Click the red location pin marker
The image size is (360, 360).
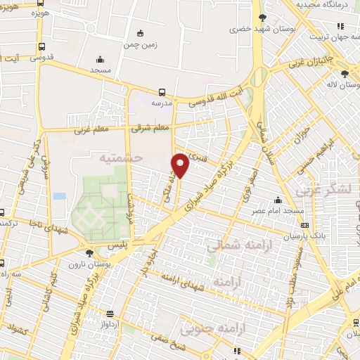point(180,165)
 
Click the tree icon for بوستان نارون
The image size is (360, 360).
point(89,253)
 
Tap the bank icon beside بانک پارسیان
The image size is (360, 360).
point(304,225)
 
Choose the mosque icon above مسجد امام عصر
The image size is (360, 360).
point(278,200)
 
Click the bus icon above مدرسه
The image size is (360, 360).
point(162,91)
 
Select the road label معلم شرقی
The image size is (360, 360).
point(150,128)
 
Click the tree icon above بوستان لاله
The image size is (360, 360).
point(344,73)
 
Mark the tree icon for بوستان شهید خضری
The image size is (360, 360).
point(262,18)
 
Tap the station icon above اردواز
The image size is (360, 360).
point(109,314)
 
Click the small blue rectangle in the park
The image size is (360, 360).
point(59,196)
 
